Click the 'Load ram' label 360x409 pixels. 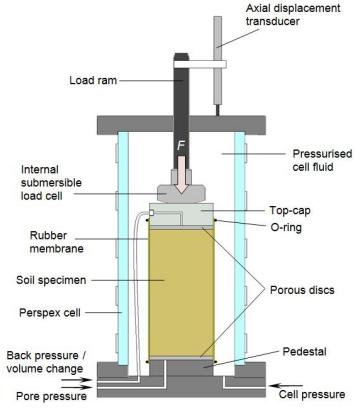(93, 80)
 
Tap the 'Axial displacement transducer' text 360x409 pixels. (293, 15)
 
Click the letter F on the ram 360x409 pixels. (180, 146)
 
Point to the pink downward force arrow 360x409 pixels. (181, 175)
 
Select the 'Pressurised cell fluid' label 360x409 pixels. (322, 160)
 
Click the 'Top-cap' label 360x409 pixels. (289, 211)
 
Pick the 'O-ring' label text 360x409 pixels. (286, 227)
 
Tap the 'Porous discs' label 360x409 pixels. (302, 290)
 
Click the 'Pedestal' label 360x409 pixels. (304, 351)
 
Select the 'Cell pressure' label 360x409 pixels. (312, 395)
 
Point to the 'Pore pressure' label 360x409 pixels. (51, 396)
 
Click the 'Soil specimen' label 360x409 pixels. (51, 280)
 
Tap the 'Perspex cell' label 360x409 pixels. (50, 313)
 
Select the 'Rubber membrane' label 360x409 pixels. (56, 242)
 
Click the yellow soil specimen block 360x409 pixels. (181, 293)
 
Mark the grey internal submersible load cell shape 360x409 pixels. (181, 193)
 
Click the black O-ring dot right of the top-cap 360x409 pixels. (215, 220)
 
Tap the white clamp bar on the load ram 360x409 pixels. (200, 64)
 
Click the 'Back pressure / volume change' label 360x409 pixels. (46, 362)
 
